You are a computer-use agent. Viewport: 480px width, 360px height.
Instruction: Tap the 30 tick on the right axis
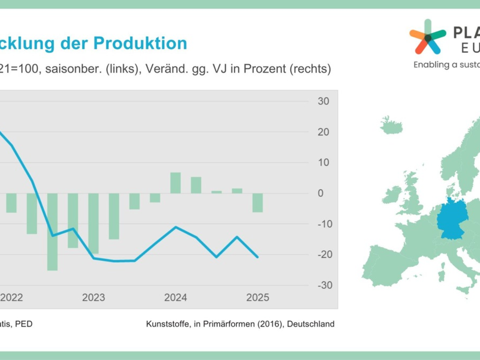pos(323,101)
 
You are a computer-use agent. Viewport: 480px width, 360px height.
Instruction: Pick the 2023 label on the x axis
pos(93,298)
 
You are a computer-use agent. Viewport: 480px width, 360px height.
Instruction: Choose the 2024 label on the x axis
pos(176,298)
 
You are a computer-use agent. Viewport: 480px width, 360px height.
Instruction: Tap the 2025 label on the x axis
pos(258,298)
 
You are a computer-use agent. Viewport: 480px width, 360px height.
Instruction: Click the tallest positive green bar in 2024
pos(176,183)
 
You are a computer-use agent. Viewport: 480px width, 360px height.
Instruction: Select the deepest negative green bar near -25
pos(52,232)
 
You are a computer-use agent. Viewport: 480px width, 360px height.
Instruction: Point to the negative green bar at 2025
pos(258,203)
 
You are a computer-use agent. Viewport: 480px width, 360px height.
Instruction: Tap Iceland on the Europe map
pos(391,125)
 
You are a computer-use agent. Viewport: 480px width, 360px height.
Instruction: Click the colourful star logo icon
pos(427,37)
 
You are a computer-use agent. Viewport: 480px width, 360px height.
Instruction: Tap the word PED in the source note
pos(24,324)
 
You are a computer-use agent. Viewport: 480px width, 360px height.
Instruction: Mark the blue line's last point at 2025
pos(258,257)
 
